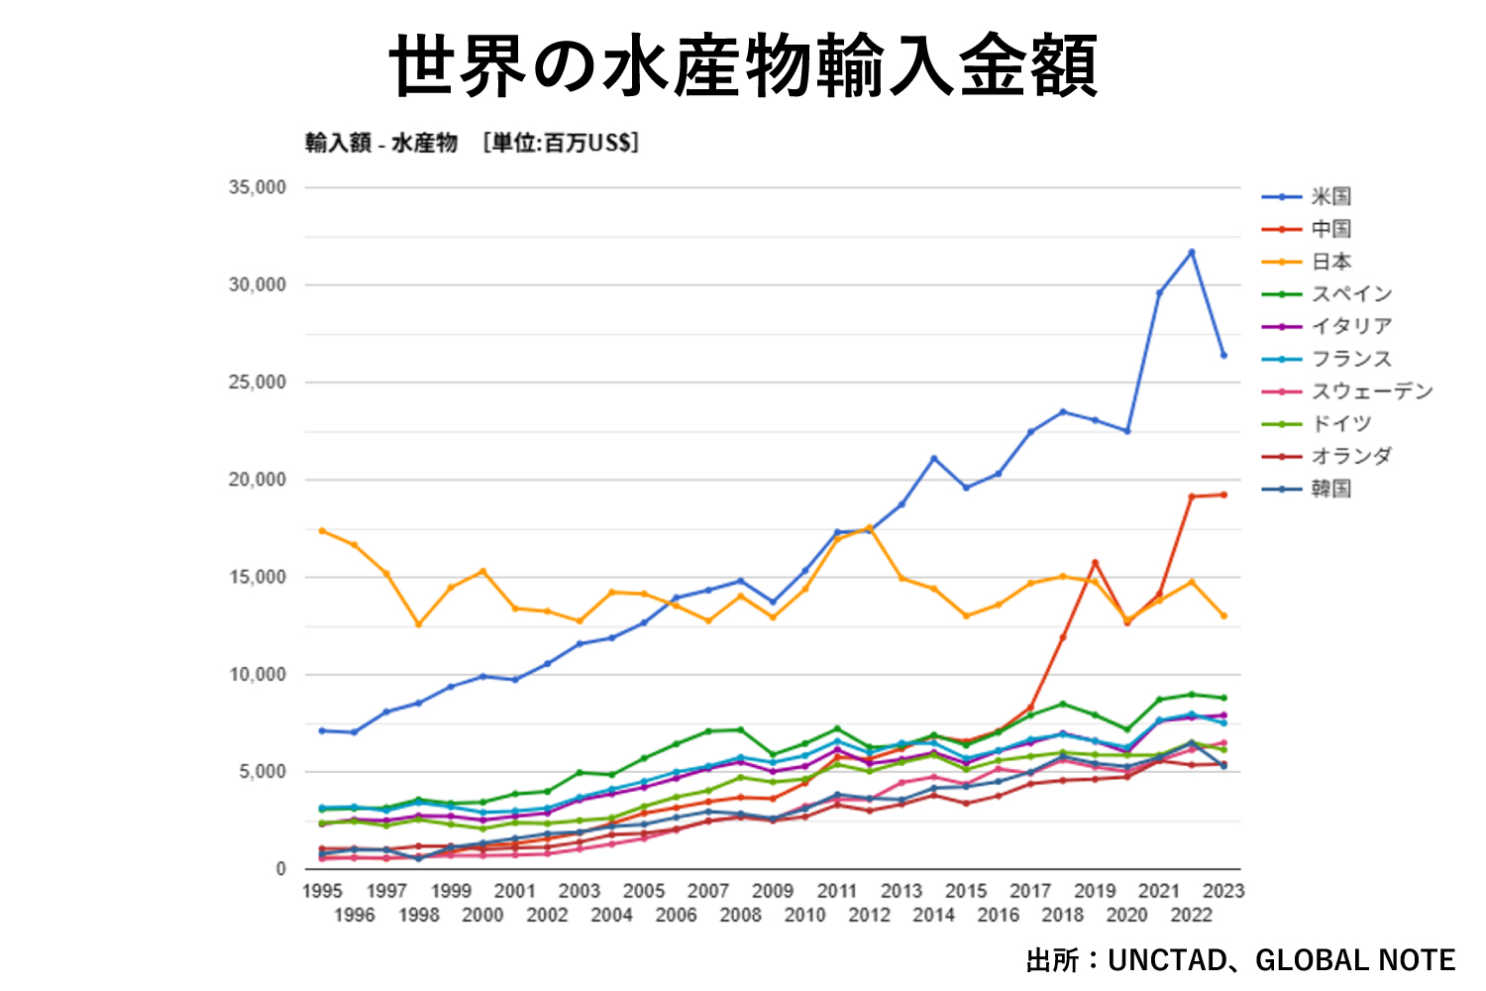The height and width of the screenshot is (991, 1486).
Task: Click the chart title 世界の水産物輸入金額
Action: [x=743, y=65]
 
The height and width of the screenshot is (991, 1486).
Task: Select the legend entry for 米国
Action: [x=1331, y=196]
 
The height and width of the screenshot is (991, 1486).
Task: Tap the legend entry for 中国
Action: [x=1331, y=229]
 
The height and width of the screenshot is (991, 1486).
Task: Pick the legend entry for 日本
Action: [x=1331, y=262]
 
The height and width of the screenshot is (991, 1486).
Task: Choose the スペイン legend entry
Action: [x=1351, y=293]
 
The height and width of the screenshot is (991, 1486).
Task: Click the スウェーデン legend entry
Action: [x=1372, y=390]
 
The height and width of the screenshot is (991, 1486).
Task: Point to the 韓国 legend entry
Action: [x=1331, y=489]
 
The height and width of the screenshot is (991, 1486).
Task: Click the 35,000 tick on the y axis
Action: [x=258, y=187]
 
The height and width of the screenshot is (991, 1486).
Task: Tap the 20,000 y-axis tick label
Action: [x=258, y=480]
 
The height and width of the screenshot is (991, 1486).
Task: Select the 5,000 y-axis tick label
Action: [x=263, y=772]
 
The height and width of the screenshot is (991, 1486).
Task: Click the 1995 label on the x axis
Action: [x=322, y=891]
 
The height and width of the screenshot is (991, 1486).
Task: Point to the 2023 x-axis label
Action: [x=1223, y=891]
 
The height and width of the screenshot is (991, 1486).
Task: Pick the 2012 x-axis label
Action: [x=869, y=915]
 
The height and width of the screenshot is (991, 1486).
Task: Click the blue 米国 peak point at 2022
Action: [x=1192, y=252]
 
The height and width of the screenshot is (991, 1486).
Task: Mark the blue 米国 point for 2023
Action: [x=1223, y=355]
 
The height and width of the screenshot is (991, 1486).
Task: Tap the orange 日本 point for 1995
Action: [x=322, y=531]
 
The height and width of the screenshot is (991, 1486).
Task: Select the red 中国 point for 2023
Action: [x=1223, y=495]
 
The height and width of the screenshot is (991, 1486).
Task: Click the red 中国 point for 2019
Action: [x=1095, y=563]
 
